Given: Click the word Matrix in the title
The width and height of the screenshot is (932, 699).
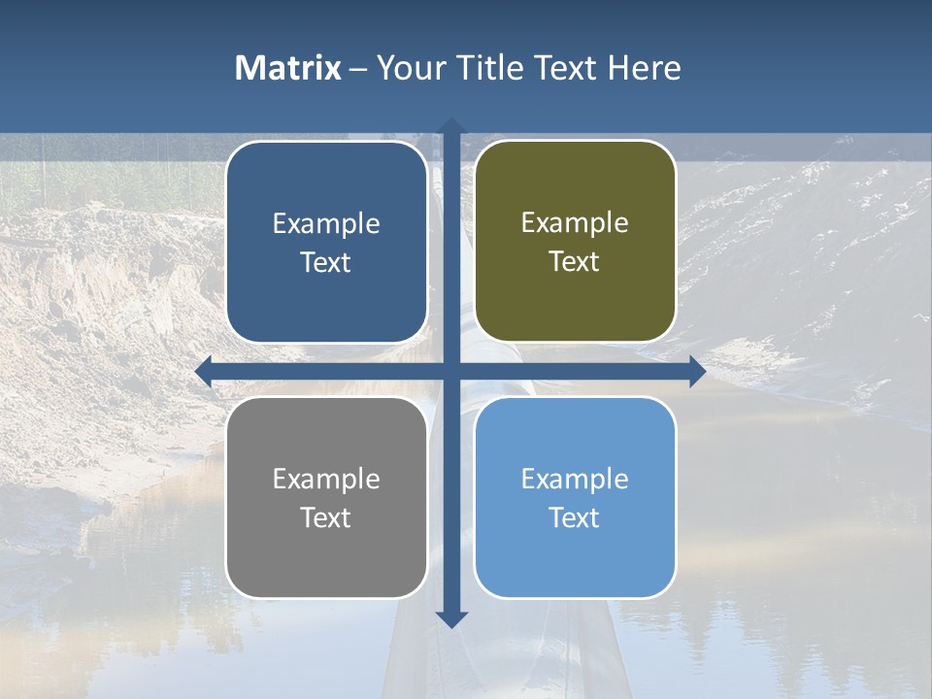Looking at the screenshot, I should [288, 68].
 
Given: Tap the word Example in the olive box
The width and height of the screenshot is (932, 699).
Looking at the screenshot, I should [575, 223].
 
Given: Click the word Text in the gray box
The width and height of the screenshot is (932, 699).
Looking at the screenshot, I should [326, 517].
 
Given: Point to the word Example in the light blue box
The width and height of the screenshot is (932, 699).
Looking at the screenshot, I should [575, 479].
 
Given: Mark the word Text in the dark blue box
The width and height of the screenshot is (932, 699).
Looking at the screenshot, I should [326, 262].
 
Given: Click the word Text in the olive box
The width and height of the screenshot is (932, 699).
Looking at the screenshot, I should [575, 262].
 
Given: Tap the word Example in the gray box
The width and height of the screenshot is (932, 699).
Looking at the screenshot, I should [326, 479].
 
